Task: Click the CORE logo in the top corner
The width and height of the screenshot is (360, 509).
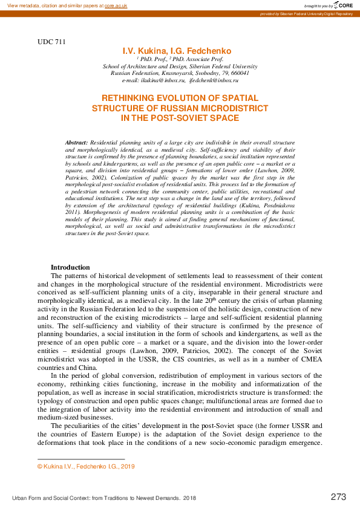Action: (343, 5)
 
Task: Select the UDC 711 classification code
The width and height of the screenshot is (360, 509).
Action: (51, 42)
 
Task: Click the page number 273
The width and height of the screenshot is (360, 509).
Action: (338, 497)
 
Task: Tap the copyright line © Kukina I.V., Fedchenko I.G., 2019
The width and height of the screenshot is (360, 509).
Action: (86, 467)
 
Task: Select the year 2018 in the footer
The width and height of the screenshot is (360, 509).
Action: (189, 498)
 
